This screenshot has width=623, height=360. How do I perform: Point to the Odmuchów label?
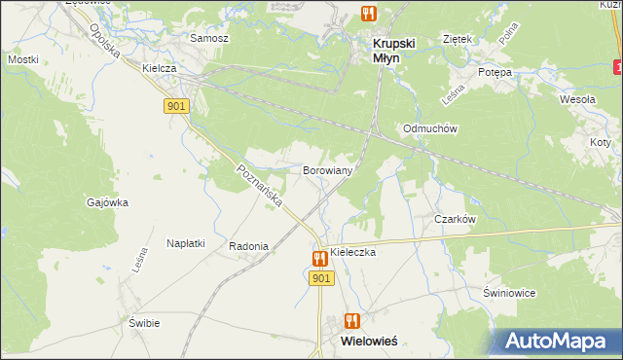pyautogui.click(x=430, y=128)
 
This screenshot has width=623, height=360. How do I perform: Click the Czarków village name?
pyautogui.click(x=455, y=220)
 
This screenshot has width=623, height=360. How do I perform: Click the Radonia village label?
pyautogui.click(x=248, y=246)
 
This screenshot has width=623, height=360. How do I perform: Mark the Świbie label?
pyautogui.click(x=144, y=322)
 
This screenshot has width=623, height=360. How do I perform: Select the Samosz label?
pyautogui.click(x=209, y=38)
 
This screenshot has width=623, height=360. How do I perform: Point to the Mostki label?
pyautogui.click(x=22, y=59)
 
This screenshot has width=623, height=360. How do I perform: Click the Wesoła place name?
pyautogui.click(x=577, y=99)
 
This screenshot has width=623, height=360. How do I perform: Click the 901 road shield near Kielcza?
pyautogui.click(x=176, y=106)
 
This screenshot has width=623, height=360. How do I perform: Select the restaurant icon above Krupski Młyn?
pyautogui.click(x=368, y=14)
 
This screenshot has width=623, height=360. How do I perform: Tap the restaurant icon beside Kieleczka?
pyautogui.click(x=319, y=258)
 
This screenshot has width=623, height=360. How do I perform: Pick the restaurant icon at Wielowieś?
pyautogui.click(x=352, y=321)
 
